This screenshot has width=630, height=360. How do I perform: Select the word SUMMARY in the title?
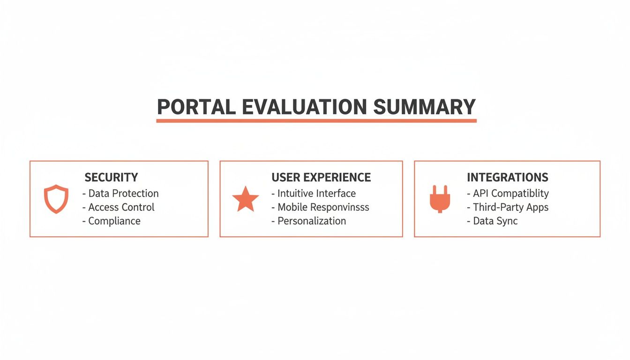pos(425,107)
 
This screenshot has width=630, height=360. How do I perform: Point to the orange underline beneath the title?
pos(316,121)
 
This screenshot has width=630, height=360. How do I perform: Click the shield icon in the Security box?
pos(56,199)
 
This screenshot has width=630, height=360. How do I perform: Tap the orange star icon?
pos(246,199)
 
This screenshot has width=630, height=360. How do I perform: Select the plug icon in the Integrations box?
pos(440,199)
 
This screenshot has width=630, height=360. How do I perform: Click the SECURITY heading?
pos(111,178)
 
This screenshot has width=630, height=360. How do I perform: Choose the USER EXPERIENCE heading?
pos(321,178)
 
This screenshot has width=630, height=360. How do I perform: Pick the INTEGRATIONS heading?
pos(507,178)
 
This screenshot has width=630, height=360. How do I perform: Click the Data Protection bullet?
pos(120,194)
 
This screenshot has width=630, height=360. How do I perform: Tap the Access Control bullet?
pos(118,207)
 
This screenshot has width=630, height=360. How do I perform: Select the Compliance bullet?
pos(111,221)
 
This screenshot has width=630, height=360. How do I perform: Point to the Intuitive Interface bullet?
pos(314,194)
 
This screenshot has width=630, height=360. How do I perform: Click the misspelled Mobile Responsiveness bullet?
pos(320,207)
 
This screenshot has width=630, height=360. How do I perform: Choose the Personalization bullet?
pos(308,221)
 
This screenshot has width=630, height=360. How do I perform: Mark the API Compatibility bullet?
pos(508,194)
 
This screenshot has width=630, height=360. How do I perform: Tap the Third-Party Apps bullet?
pos(508,207)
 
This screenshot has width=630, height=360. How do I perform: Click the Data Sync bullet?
pos(492,221)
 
